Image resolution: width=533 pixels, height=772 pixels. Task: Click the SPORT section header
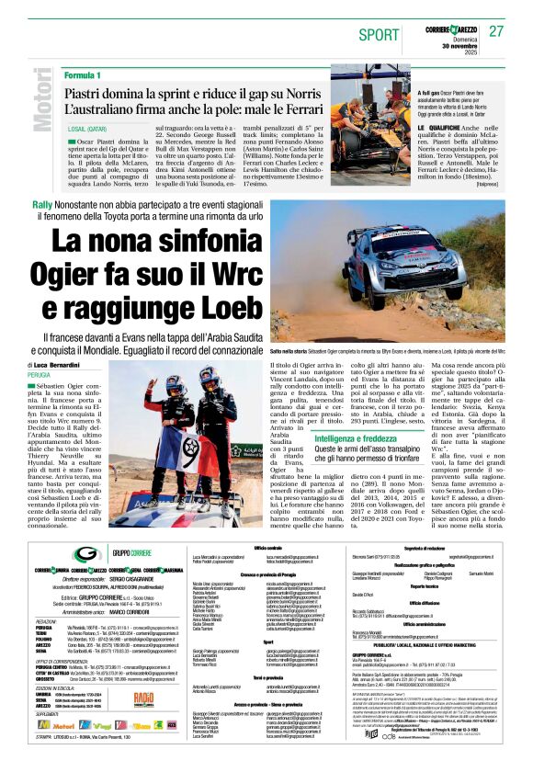380,35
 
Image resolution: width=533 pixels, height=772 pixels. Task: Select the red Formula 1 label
84,74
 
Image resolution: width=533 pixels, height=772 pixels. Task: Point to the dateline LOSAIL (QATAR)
90,131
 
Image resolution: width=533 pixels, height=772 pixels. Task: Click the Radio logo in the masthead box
143,698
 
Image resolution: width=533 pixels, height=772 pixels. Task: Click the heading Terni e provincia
276,676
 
